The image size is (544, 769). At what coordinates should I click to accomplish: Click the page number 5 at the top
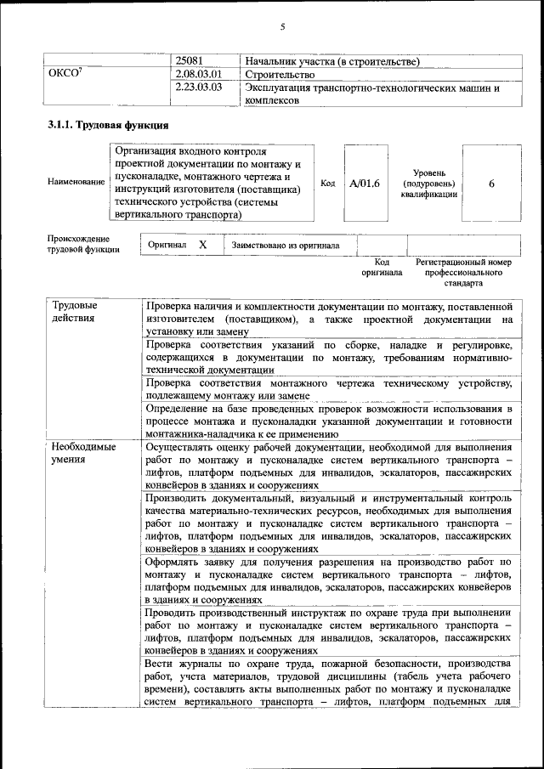[x=282, y=26]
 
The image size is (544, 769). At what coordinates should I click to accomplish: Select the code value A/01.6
[x=365, y=183]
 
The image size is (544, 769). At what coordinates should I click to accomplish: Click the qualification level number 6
[x=491, y=183]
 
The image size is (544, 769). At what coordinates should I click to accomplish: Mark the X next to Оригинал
[x=202, y=245]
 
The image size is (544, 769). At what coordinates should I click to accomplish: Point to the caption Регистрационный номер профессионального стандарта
[x=464, y=273]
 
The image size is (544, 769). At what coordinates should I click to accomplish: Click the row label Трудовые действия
[x=75, y=311]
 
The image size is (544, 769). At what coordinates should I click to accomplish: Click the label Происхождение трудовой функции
[x=84, y=245]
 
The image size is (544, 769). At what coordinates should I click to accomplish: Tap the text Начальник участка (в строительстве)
[x=331, y=61]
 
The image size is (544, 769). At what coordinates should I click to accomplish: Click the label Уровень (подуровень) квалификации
[x=429, y=183]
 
